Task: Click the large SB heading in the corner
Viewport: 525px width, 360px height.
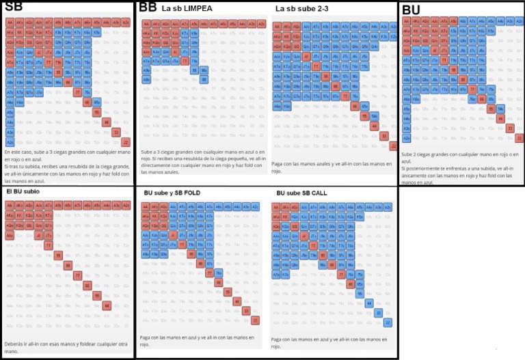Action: (x=13, y=7)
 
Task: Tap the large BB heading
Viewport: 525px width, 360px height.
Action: (x=148, y=8)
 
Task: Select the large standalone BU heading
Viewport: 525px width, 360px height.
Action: (x=411, y=10)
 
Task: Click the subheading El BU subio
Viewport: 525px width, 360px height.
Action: (x=24, y=192)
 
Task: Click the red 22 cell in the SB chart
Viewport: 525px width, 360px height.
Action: (x=125, y=142)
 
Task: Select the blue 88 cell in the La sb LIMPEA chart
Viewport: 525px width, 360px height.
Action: (x=204, y=80)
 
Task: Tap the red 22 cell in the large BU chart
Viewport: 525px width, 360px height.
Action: (x=520, y=138)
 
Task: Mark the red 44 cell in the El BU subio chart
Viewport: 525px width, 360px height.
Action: (x=106, y=305)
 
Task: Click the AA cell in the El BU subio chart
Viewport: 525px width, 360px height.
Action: (x=10, y=206)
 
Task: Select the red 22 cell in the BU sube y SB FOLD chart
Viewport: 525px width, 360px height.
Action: (x=255, y=320)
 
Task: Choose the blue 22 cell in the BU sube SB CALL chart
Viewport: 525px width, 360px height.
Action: (x=388, y=322)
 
